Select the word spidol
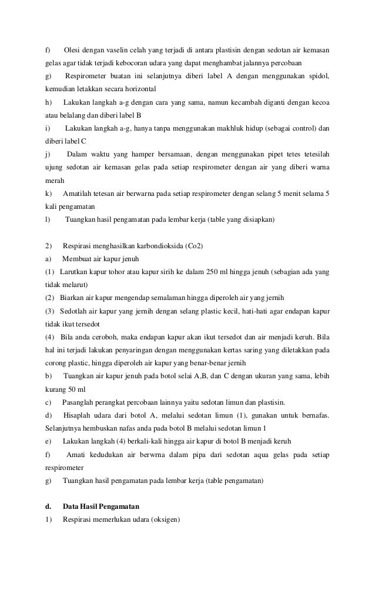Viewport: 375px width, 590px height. (318, 76)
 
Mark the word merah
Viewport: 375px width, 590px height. (55, 181)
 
